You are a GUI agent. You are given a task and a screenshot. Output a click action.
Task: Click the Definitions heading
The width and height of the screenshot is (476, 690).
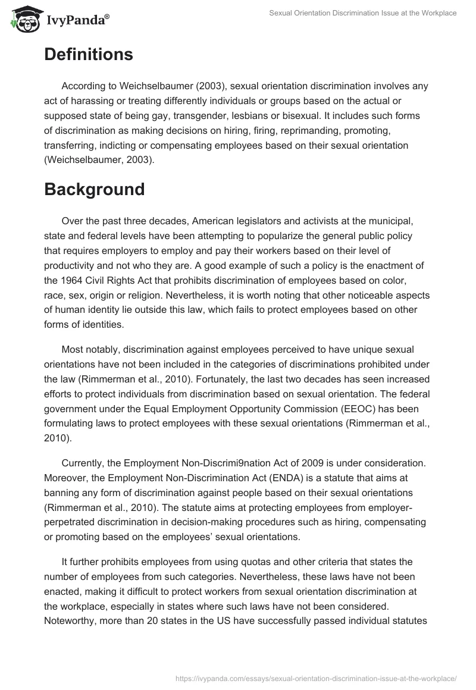(88, 55)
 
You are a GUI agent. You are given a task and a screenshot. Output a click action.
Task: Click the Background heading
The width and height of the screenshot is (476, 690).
(94, 189)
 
